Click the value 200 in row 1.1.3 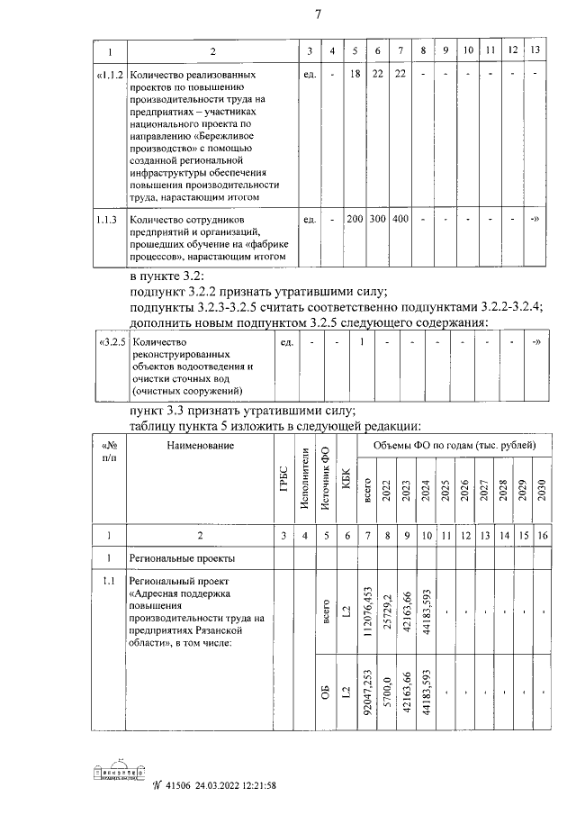pos(355,219)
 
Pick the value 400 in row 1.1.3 pos(400,219)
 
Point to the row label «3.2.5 pos(111,343)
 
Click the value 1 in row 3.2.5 pos(360,342)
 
